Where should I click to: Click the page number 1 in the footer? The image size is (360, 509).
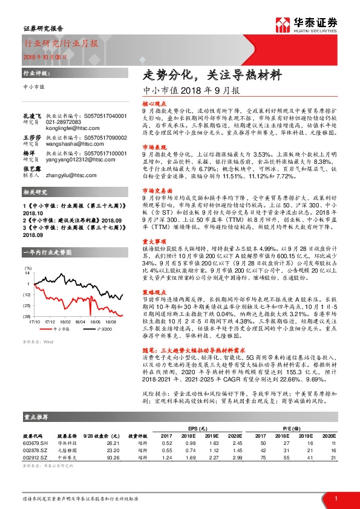[x=335, y=498]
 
